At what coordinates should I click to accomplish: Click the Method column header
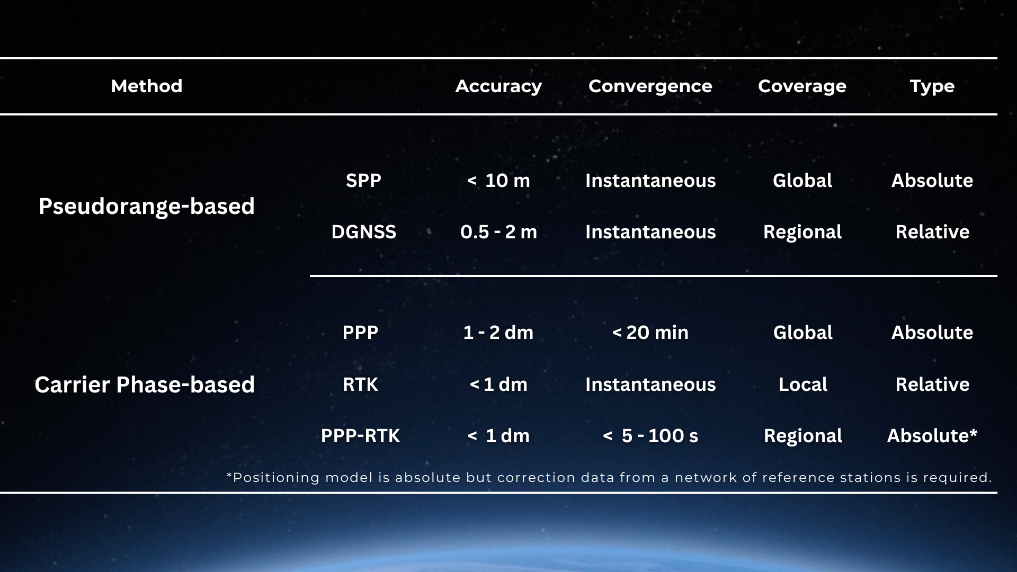pyautogui.click(x=147, y=86)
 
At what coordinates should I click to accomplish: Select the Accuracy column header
pyautogui.click(x=498, y=86)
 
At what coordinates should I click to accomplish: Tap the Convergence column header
pyautogui.click(x=650, y=86)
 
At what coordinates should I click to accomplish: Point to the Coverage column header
pyautogui.click(x=802, y=86)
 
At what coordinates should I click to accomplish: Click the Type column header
pyautogui.click(x=932, y=86)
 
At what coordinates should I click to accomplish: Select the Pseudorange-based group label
pyautogui.click(x=147, y=206)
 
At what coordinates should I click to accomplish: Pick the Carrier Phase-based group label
pyautogui.click(x=145, y=385)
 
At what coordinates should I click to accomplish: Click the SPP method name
pyautogui.click(x=363, y=181)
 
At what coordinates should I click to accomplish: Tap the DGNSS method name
pyautogui.click(x=363, y=232)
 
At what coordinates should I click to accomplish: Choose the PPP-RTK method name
pyautogui.click(x=360, y=436)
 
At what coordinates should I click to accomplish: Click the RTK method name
pyautogui.click(x=360, y=385)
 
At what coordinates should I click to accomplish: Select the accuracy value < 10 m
pyautogui.click(x=498, y=181)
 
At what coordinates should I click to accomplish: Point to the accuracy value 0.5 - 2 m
pyautogui.click(x=498, y=232)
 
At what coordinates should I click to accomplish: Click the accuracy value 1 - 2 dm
pyautogui.click(x=498, y=333)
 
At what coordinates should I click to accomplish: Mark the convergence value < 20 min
pyautogui.click(x=650, y=333)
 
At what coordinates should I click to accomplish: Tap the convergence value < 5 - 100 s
pyautogui.click(x=650, y=436)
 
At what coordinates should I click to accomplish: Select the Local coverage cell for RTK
pyautogui.click(x=802, y=385)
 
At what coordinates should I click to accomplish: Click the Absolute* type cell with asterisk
pyautogui.click(x=932, y=436)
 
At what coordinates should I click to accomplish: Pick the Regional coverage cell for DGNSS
pyautogui.click(x=802, y=232)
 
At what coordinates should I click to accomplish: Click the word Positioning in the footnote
pyautogui.click(x=276, y=478)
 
